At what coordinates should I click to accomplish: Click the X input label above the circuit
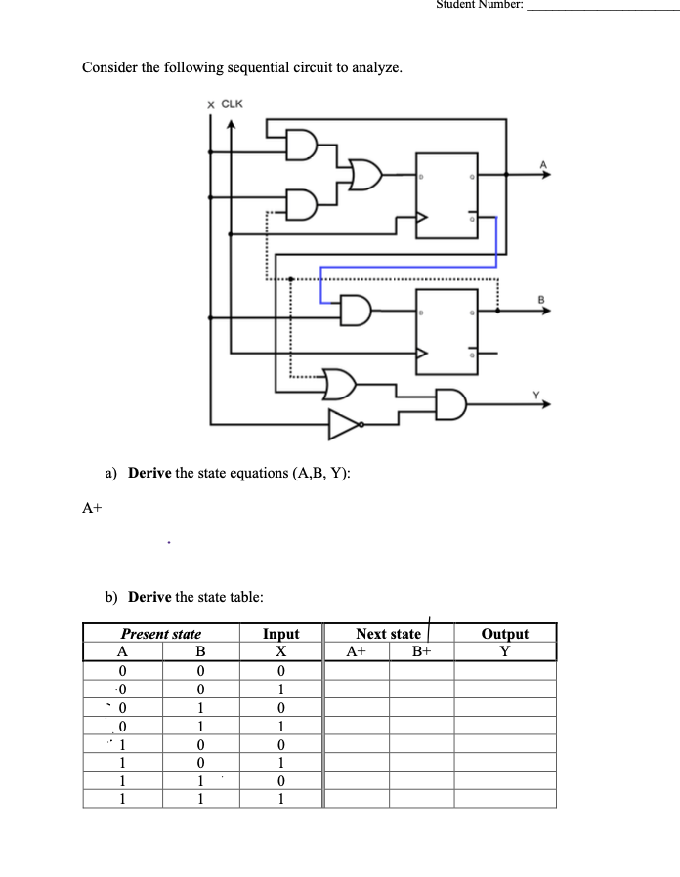point(210,104)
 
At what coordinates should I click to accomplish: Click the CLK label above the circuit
point(233,104)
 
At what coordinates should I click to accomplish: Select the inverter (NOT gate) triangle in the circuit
point(345,424)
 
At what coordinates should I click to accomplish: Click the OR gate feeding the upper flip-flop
point(365,176)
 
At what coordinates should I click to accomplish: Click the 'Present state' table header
point(161,634)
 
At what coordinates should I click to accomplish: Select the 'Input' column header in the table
point(281,634)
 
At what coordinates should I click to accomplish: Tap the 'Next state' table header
point(388,634)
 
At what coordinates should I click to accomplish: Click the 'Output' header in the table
point(505,634)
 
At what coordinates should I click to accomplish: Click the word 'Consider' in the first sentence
point(111,67)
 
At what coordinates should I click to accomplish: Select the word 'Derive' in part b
point(149,597)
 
